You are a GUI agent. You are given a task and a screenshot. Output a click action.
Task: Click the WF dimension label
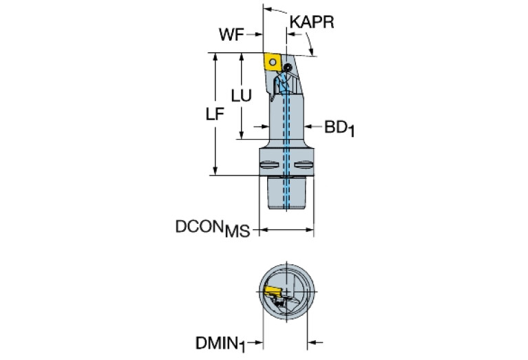pos(231,34)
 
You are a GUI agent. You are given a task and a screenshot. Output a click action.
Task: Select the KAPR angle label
pos(311,22)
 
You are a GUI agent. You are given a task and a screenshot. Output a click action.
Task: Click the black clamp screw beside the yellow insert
pos(285,67)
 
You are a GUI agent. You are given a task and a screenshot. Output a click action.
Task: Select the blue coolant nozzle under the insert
pos(282,85)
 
